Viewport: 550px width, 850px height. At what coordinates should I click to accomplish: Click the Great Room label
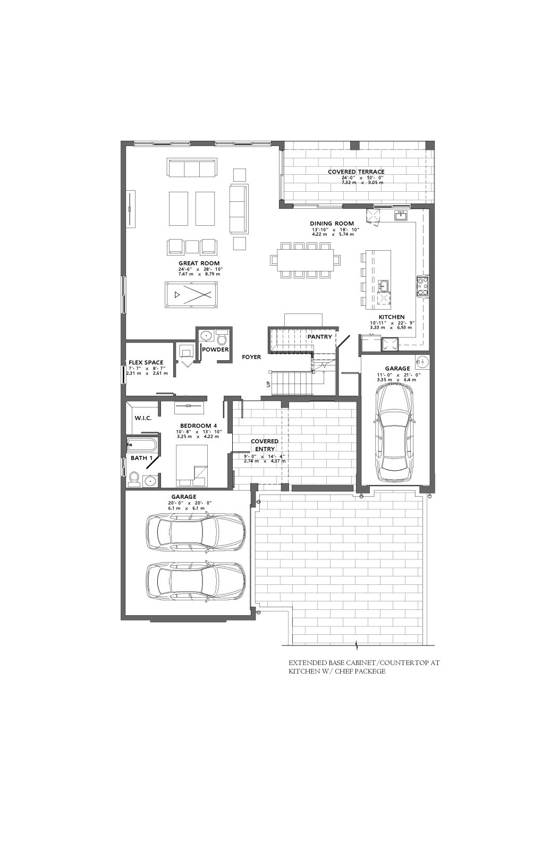point(199,263)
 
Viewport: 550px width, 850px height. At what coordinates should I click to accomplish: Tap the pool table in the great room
point(191,294)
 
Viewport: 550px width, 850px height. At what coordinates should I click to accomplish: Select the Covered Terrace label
point(356,172)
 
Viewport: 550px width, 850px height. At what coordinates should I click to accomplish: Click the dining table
point(306,260)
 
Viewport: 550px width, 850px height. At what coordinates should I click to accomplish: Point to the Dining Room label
point(332,224)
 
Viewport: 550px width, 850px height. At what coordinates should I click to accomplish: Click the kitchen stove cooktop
point(422,286)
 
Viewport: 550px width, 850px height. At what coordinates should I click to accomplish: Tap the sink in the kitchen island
point(383,285)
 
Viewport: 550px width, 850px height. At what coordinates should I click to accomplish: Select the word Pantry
point(319,337)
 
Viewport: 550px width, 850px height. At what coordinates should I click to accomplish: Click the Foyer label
point(251,356)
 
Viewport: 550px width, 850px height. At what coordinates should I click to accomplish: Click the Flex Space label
point(146,362)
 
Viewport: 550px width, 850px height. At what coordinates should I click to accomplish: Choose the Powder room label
point(215,350)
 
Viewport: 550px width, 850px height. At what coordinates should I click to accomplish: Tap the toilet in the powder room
point(222,336)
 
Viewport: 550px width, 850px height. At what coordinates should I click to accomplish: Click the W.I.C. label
point(143,418)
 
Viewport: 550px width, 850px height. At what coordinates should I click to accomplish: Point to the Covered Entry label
point(265,445)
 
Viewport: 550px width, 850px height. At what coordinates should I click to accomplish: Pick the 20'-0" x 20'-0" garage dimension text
point(190,503)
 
